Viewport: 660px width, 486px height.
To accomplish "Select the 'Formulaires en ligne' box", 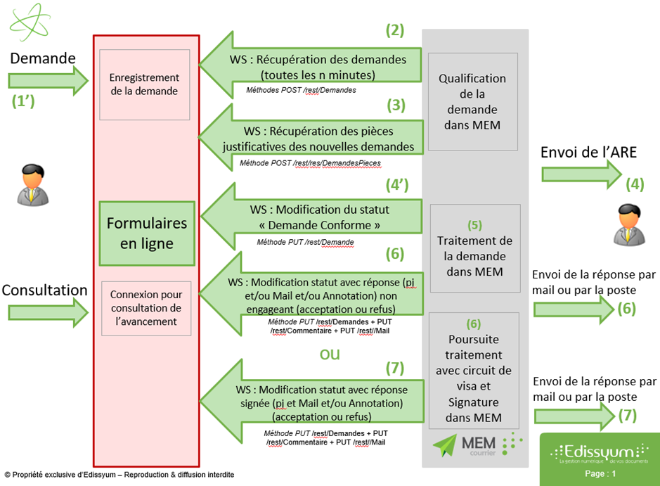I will tap(146, 232).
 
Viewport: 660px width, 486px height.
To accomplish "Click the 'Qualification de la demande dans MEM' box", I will tap(472, 101).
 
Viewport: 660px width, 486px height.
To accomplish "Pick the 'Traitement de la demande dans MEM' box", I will tap(474, 248).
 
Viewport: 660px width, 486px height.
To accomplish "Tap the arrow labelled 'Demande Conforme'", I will tap(309, 218).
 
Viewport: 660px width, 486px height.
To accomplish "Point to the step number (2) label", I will tap(395, 30).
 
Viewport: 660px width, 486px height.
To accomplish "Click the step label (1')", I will tap(23, 101).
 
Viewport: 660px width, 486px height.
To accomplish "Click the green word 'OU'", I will tap(330, 354).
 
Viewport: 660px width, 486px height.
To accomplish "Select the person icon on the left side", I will tap(30, 184).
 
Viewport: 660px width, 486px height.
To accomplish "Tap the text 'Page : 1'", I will tap(600, 474).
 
